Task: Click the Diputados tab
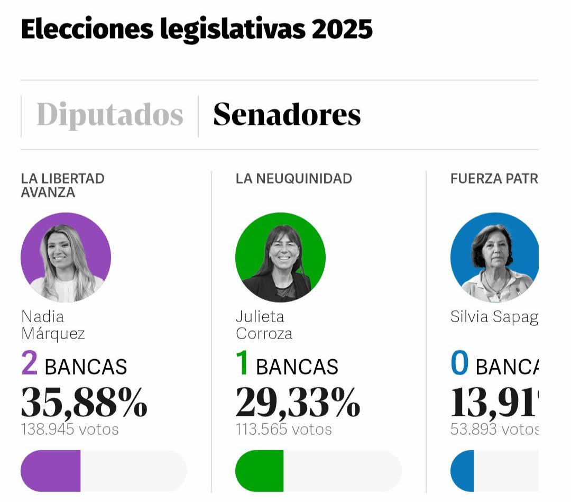point(109,114)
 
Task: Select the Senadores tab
point(287,114)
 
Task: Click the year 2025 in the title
point(342,30)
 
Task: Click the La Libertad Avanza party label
point(62,185)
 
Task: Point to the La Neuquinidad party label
point(293,179)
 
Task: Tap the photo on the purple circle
point(66,258)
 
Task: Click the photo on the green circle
point(280,258)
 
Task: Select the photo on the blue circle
point(494,258)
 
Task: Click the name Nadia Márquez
point(53,325)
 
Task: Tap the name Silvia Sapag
point(494,317)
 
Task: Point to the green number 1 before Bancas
point(242,365)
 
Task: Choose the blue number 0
point(459,365)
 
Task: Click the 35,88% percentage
point(84,403)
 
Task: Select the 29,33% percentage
point(298,403)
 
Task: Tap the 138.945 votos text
point(70,429)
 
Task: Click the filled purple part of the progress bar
point(51,471)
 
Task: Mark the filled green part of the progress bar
point(260,471)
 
